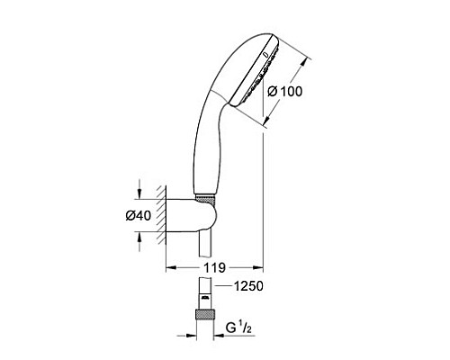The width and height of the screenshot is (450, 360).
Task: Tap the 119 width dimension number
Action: [213, 268]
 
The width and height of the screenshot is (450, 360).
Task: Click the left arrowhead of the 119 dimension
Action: [168, 267]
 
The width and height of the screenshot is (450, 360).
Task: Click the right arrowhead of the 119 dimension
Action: [258, 267]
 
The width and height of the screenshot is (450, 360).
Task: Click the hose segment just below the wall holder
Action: [206, 248]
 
